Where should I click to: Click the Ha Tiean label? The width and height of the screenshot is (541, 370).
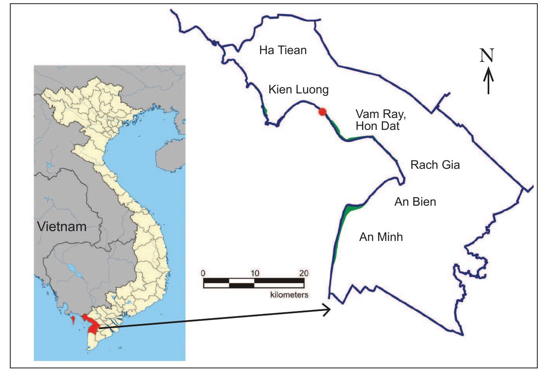(283, 50)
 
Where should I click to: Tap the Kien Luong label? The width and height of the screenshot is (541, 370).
(298, 90)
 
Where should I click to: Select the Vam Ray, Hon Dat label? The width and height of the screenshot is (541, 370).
(378, 120)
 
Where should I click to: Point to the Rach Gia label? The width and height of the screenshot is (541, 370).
(435, 165)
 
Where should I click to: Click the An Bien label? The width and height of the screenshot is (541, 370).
(415, 202)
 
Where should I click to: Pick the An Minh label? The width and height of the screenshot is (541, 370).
(381, 237)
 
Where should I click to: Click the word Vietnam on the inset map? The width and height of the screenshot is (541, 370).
(62, 226)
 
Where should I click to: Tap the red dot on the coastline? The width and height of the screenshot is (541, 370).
(323, 111)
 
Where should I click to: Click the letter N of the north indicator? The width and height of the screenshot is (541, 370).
(487, 56)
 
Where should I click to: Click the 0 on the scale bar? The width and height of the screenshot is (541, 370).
(203, 273)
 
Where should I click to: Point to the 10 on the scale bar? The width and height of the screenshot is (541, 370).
(254, 273)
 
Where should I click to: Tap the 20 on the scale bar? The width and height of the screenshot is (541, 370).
(304, 273)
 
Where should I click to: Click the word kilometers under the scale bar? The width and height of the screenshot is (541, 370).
(289, 295)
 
